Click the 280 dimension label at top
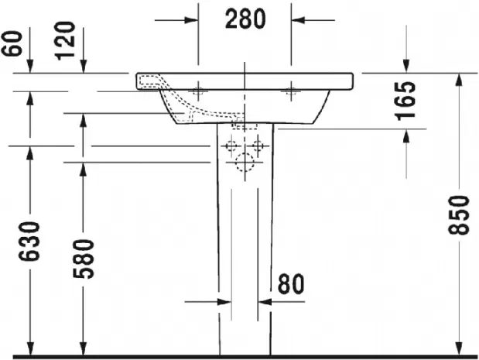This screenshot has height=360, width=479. click(x=245, y=19)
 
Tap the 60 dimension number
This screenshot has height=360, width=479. click(x=12, y=43)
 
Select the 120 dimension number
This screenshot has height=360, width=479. click(x=64, y=40)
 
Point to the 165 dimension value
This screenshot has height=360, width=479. click(x=405, y=101)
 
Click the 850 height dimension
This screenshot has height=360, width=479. click(x=458, y=215)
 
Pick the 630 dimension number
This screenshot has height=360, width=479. click(x=29, y=242)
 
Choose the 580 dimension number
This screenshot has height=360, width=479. click(x=84, y=259)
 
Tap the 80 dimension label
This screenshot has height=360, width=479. click(x=291, y=284)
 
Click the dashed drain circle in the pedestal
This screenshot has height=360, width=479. click(x=245, y=162)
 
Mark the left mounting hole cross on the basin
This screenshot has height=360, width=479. click(x=198, y=91)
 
